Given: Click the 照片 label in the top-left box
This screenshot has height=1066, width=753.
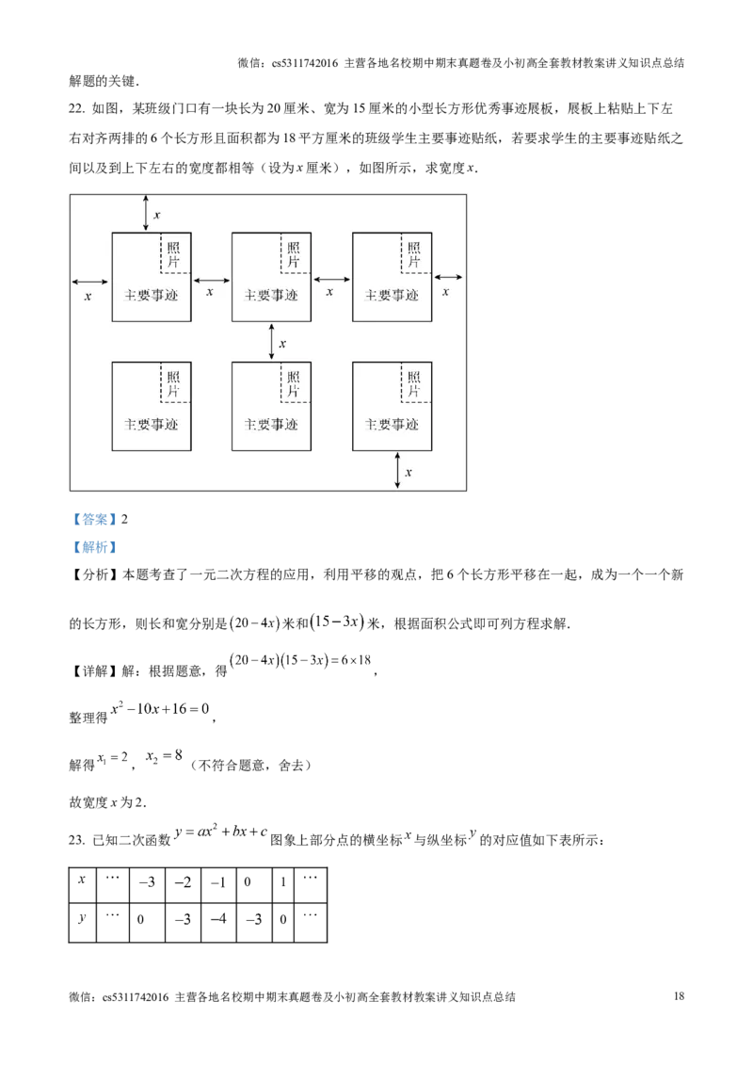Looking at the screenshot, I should click(174, 254).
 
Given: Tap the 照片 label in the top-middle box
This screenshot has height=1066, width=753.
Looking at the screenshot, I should click(294, 254).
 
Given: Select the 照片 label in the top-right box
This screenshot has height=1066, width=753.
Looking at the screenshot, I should click(414, 254).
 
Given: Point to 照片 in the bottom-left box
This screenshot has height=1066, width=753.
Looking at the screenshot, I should click(174, 384).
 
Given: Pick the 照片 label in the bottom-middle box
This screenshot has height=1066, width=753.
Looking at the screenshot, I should click(294, 384).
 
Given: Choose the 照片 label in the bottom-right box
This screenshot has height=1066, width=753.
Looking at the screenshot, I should click(414, 384).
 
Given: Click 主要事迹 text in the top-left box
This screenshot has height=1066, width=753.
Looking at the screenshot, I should click(152, 295).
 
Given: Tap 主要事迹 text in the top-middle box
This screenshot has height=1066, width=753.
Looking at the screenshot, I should click(271, 295).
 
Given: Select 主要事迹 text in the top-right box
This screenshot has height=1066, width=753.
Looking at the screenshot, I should click(392, 295).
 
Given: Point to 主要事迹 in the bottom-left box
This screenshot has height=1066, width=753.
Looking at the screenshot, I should click(152, 424).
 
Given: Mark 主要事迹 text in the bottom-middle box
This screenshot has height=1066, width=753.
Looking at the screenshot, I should click(271, 424).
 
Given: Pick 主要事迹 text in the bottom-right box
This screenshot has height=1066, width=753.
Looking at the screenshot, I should click(392, 424).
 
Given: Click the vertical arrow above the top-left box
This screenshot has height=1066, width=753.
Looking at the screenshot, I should click(146, 212).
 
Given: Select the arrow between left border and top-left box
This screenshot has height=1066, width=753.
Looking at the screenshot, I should click(89, 281).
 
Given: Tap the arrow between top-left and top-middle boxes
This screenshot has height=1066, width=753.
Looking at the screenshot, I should click(211, 280).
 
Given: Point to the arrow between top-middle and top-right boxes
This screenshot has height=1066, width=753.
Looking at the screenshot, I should click(331, 280).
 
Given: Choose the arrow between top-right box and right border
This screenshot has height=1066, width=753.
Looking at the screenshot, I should click(448, 277).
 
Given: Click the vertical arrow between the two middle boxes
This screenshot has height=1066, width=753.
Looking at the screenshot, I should click(271, 341).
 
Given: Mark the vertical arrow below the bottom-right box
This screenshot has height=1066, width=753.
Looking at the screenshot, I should click(397, 469).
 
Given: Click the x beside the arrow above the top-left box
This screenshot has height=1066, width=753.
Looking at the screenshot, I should click(156, 216).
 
